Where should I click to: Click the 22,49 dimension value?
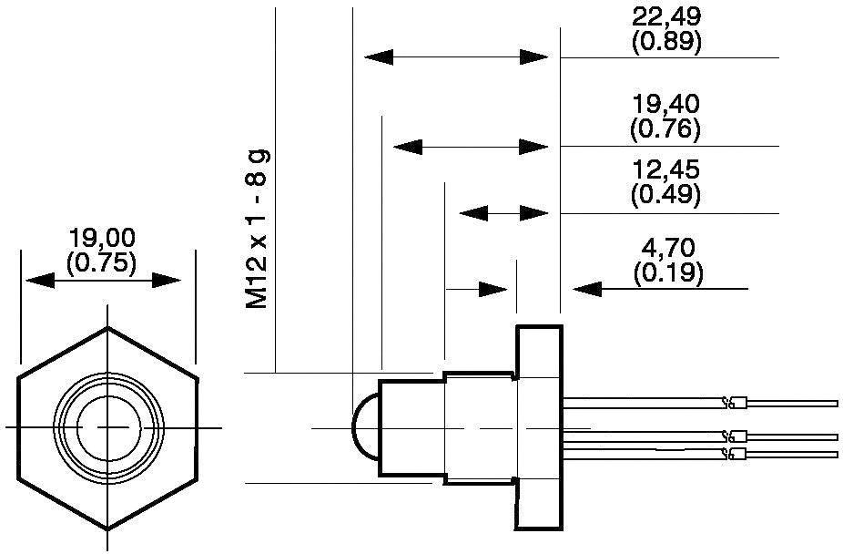point(665,17)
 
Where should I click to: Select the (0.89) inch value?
point(665,41)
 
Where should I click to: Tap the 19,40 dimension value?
point(665,105)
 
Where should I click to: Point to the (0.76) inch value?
point(665,128)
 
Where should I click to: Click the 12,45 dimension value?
point(665,170)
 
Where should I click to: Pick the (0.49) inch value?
point(665,193)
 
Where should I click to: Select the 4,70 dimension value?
point(665,248)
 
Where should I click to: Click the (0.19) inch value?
point(665,272)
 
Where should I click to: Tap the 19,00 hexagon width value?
point(102,239)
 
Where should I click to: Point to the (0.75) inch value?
point(102,262)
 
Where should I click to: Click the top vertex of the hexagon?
point(108,327)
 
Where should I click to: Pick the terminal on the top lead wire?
point(738,402)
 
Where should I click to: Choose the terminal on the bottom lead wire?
point(738,453)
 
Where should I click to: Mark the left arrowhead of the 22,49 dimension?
point(379,57)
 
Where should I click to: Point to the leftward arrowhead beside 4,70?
point(587,289)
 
